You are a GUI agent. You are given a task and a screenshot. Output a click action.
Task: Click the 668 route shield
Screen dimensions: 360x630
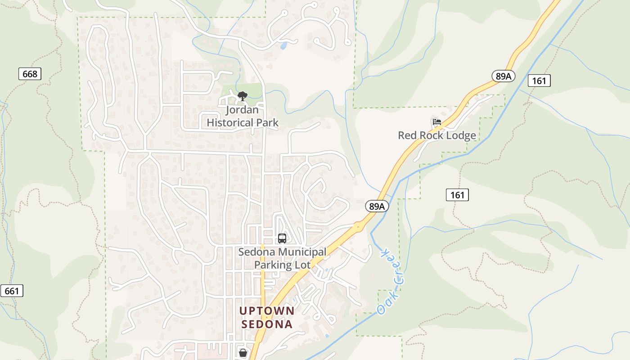30,74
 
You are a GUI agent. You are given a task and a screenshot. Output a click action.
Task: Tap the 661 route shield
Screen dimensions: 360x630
12,291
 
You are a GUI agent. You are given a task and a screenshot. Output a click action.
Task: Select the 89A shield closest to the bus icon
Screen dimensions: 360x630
376,206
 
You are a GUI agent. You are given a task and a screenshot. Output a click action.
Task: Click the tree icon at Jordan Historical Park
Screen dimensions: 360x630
242,96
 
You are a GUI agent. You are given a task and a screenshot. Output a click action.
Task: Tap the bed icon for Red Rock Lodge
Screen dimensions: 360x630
436,122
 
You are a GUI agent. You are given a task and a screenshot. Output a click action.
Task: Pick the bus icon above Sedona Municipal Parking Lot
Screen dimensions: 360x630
282,238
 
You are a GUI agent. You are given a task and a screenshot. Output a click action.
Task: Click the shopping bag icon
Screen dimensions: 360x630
243,353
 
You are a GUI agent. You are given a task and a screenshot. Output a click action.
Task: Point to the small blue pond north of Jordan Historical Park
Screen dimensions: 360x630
283,45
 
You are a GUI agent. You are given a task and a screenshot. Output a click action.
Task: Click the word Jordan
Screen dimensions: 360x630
242,110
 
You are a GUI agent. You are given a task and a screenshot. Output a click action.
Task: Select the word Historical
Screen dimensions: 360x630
229,122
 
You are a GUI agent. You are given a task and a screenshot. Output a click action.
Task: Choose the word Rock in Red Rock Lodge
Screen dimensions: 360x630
432,135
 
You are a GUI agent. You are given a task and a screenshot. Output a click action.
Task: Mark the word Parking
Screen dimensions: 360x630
273,265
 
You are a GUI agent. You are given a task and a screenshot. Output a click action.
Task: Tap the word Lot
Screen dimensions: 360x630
302,265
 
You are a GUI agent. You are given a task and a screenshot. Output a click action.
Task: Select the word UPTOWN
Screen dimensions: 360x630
267,311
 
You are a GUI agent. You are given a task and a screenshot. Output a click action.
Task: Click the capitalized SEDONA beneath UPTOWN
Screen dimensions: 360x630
267,324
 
